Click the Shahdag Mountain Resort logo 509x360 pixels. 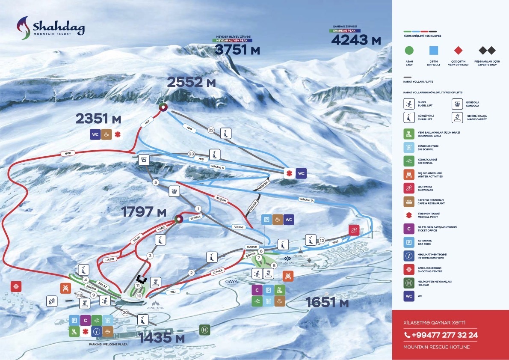(x=50, y=28)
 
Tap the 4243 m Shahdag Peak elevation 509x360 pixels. (x=356, y=40)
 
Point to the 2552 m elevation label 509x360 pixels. (x=191, y=82)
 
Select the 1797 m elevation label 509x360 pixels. (x=143, y=212)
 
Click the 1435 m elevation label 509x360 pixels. (x=162, y=337)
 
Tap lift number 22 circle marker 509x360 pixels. (x=210, y=130)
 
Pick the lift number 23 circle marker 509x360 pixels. (x=191, y=154)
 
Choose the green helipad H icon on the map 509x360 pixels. (x=205, y=330)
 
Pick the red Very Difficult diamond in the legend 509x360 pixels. (x=458, y=51)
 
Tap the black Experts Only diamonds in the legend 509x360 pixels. (x=487, y=51)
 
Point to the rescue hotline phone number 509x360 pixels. (x=441, y=335)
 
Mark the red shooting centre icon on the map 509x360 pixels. (x=16, y=286)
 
